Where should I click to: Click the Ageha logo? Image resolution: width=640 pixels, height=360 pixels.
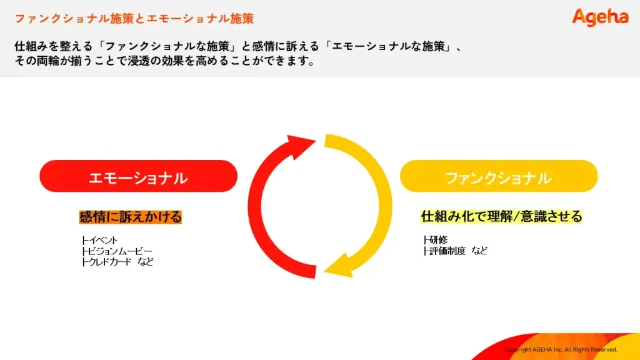(x=600, y=17)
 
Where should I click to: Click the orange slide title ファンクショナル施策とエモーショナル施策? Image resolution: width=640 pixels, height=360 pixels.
(x=134, y=18)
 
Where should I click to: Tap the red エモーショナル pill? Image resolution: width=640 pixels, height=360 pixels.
(x=138, y=176)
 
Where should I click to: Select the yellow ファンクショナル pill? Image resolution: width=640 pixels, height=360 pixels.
(x=499, y=176)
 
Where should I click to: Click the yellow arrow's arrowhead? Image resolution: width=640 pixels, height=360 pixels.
(x=339, y=266)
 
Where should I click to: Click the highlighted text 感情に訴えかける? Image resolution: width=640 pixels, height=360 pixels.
(x=130, y=217)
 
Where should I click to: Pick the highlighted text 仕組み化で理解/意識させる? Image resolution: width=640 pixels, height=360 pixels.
(x=501, y=216)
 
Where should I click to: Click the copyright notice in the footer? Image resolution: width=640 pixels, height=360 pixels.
(x=561, y=349)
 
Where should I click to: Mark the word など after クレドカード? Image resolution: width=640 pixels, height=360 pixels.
(x=145, y=262)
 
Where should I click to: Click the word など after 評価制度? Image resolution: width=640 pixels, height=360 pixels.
(x=479, y=251)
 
